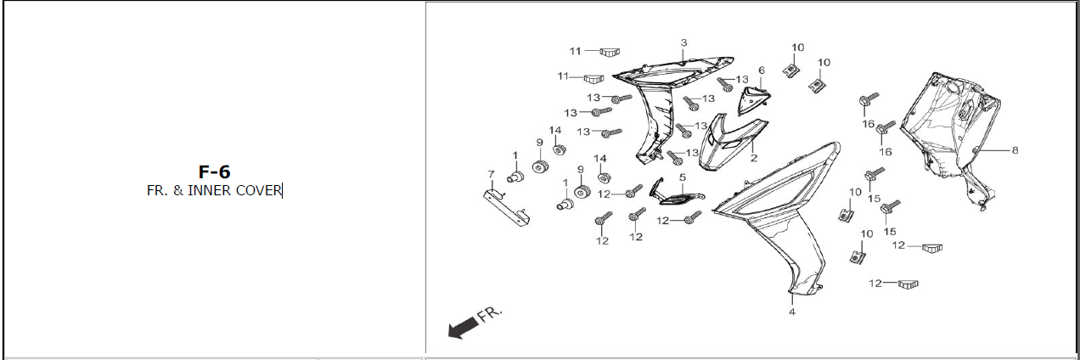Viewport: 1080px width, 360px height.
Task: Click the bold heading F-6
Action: tap(213, 172)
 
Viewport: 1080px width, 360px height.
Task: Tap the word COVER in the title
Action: tap(259, 191)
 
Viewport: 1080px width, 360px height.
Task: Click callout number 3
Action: tap(683, 42)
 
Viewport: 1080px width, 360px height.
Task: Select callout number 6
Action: tap(762, 70)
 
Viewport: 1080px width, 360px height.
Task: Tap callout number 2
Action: tap(752, 158)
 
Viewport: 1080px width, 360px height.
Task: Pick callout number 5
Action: tap(682, 177)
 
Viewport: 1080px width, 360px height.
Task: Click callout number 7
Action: tap(491, 175)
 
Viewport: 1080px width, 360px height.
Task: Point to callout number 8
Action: tap(1015, 150)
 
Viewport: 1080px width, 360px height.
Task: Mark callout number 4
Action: tap(791, 312)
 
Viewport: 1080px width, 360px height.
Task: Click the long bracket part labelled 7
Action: tap(508, 207)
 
